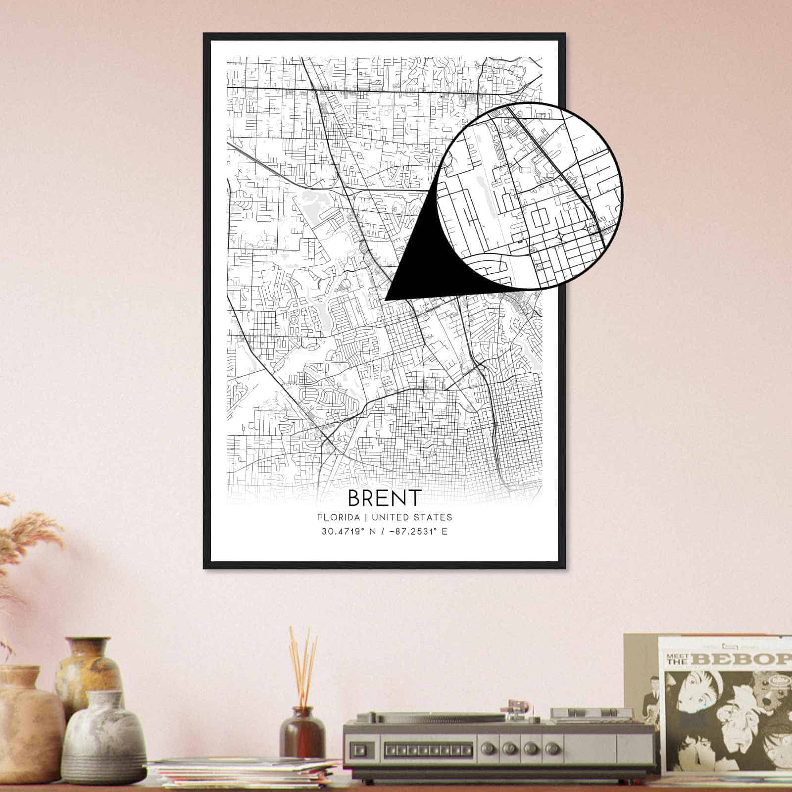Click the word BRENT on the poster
pos(385,497)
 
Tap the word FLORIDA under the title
pos(339,517)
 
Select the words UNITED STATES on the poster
pos(412,517)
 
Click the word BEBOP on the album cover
pos(742,659)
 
